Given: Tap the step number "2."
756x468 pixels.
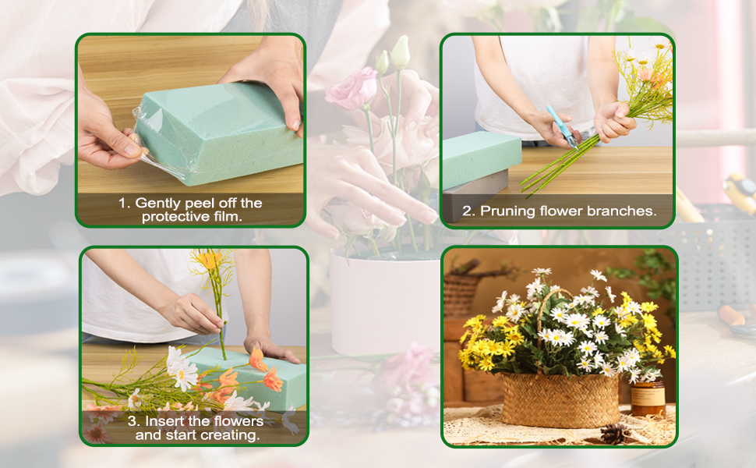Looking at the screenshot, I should tap(468, 211).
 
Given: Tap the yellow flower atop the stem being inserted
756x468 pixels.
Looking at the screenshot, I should tap(208, 260).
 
